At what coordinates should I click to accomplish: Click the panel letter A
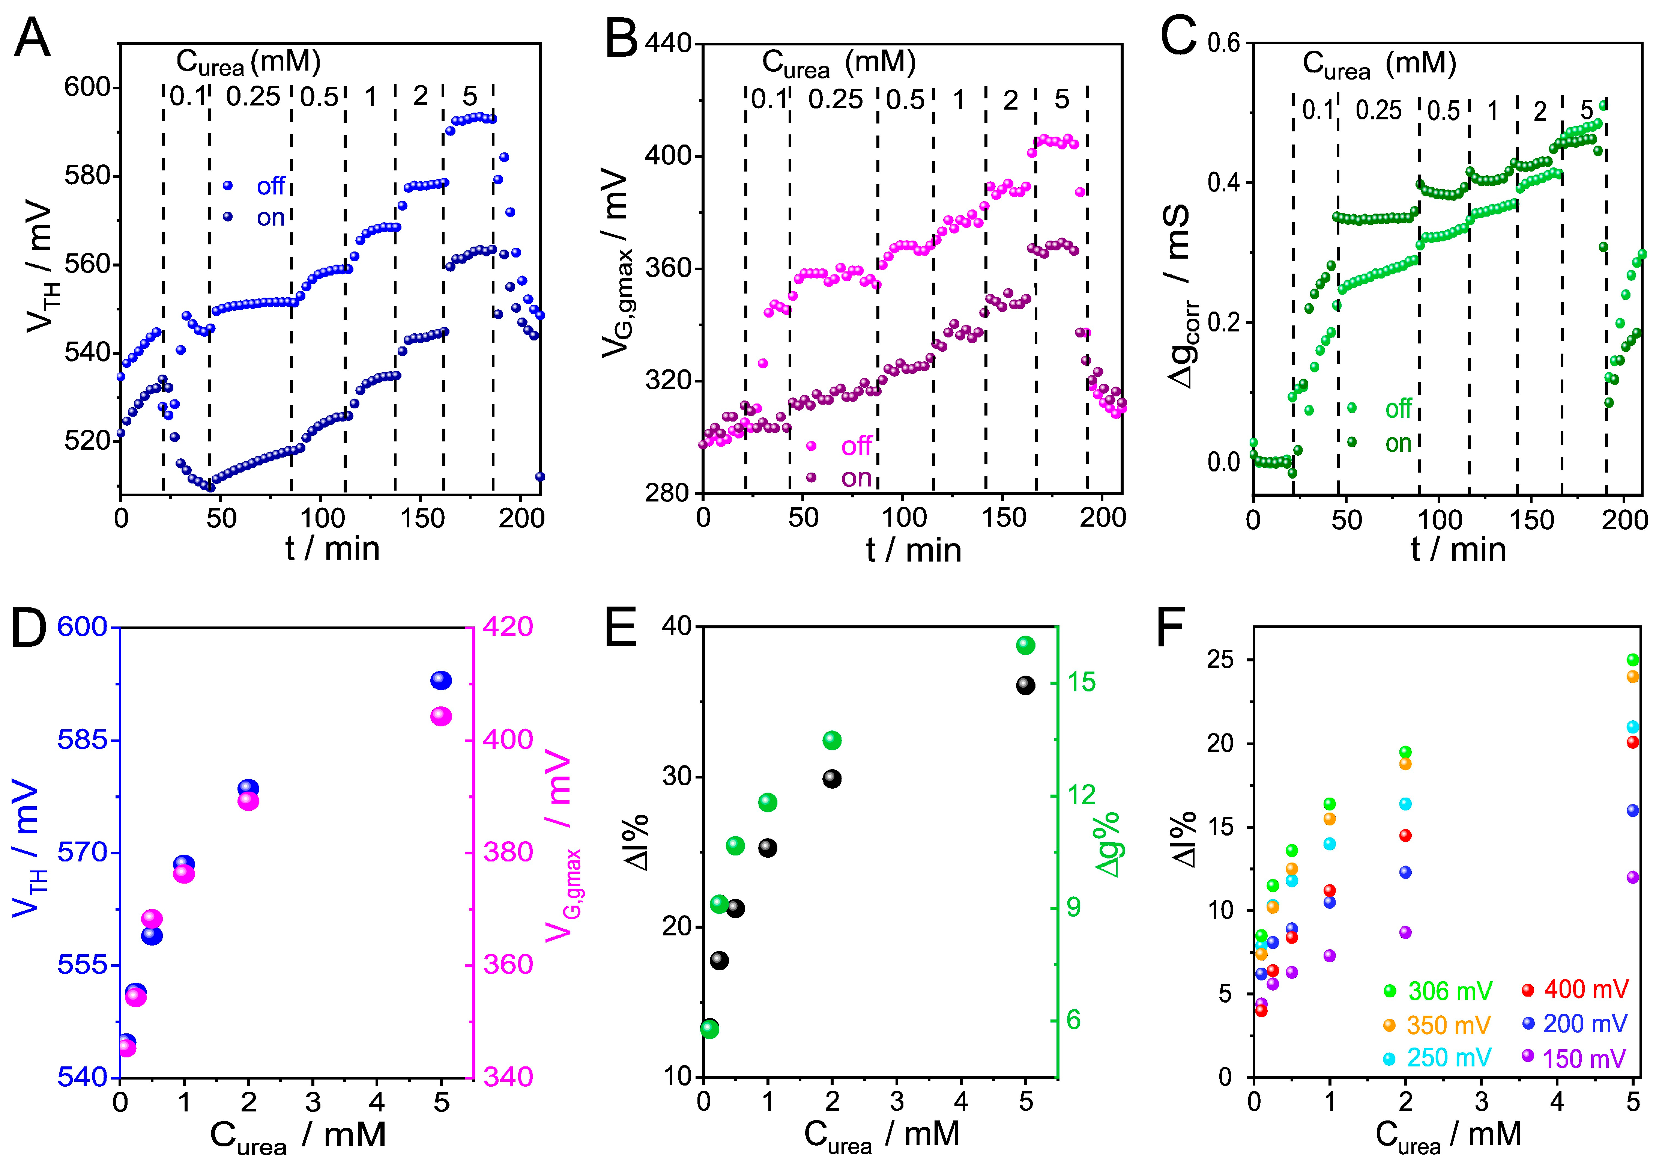33,38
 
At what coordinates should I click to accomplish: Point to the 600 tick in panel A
87,87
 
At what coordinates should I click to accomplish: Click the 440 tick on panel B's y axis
668,43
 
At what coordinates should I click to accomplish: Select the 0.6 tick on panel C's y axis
1224,43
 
